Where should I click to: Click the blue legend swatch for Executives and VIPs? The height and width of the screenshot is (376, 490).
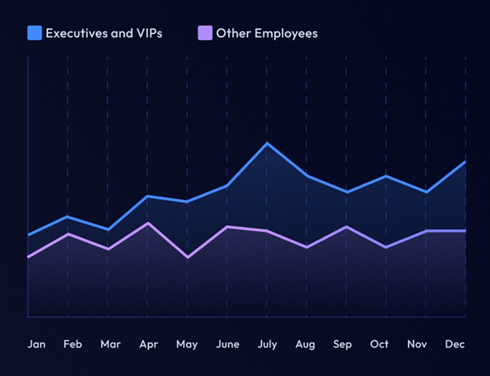click(35, 33)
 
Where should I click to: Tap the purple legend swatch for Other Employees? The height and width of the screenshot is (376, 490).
click(205, 33)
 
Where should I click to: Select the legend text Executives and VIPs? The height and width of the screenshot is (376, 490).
click(104, 33)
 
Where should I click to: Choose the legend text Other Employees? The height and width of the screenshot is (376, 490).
click(267, 33)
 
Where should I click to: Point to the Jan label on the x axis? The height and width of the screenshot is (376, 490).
click(36, 344)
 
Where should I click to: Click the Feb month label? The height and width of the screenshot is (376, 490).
click(73, 344)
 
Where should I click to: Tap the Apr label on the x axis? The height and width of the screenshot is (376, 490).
click(148, 344)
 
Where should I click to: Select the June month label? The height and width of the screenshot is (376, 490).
click(227, 344)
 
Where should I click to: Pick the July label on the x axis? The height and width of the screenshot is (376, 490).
click(267, 344)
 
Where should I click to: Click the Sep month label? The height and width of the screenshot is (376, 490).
click(342, 344)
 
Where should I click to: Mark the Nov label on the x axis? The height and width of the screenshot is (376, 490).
click(417, 344)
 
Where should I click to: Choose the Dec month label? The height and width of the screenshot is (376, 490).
click(455, 344)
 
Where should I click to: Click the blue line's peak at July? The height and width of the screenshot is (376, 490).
click(266, 143)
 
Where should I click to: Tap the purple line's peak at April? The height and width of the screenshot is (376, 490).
click(147, 223)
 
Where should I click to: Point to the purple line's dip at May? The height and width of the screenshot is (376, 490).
click(187, 257)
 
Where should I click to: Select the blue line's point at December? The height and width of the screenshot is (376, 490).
click(465, 162)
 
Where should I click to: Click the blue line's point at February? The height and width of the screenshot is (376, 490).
click(67, 217)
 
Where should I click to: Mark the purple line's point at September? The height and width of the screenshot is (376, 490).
click(346, 227)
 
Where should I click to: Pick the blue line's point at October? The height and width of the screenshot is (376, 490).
click(385, 176)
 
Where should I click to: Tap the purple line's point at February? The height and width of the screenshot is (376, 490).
click(67, 234)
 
